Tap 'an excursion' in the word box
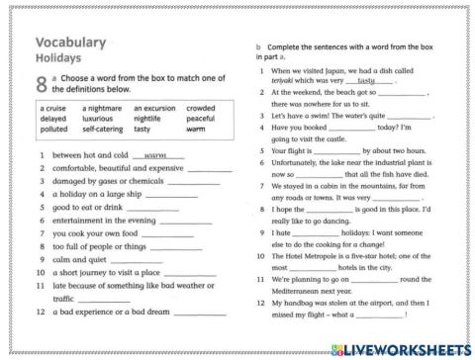[x=155, y=108]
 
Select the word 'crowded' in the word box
[x=201, y=108]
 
